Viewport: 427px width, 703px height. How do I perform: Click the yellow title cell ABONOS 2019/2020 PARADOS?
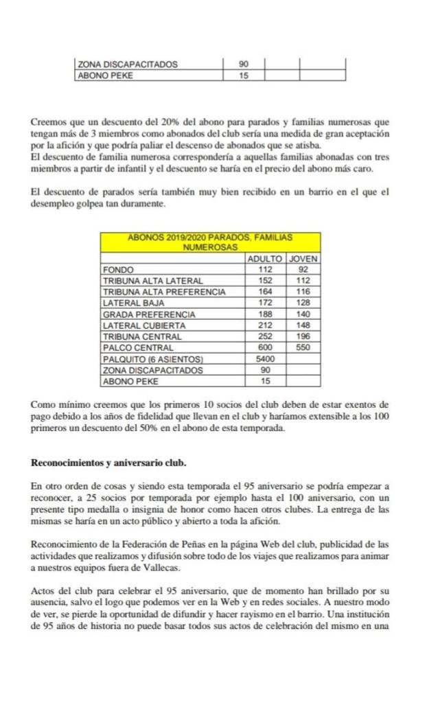pos(211,241)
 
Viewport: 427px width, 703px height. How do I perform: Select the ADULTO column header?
pos(264,259)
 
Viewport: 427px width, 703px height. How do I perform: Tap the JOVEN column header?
pos(303,259)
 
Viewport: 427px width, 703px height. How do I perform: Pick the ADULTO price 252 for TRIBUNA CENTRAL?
pos(264,336)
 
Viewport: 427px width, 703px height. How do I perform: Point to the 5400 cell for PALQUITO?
pos(264,358)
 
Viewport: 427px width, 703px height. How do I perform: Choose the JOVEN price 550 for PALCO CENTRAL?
pos(303,347)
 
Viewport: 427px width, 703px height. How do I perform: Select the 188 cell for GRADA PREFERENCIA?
pos(264,314)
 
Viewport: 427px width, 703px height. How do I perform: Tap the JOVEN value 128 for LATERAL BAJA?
pos(303,303)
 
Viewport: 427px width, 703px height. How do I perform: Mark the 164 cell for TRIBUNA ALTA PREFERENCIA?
pos(264,292)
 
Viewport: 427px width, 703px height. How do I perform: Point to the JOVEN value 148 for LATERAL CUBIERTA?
pos(303,325)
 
